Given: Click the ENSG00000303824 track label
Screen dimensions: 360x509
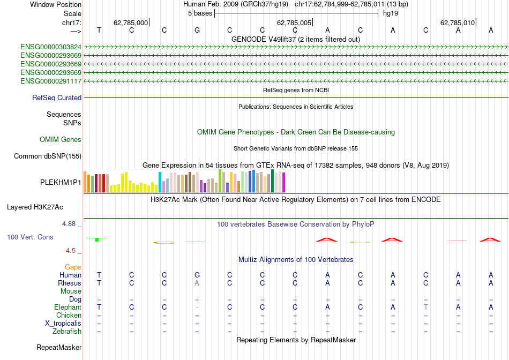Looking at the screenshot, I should pyautogui.click(x=51, y=47).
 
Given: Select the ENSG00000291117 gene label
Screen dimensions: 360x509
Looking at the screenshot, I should pyautogui.click(x=51, y=81).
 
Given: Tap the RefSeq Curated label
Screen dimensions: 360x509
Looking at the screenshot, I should pyautogui.click(x=57, y=98).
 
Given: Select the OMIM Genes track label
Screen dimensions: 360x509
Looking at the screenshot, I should pyautogui.click(x=61, y=140).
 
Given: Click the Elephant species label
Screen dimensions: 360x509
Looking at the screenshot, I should pyautogui.click(x=68, y=307).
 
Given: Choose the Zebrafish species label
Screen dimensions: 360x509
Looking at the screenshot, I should pyautogui.click(x=66, y=332).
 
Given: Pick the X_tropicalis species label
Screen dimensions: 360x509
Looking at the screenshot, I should pyautogui.click(x=63, y=324).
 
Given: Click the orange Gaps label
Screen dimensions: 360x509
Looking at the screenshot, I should pyautogui.click(x=73, y=267).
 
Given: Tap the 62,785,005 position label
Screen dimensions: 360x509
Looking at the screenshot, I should pyautogui.click(x=294, y=22).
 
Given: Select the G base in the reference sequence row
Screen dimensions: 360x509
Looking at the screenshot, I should pyautogui.click(x=197, y=31).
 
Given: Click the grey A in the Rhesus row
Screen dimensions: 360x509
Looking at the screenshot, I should pyautogui.click(x=197, y=283).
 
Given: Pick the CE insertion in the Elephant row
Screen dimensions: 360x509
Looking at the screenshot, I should pyautogui.click(x=263, y=307).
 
